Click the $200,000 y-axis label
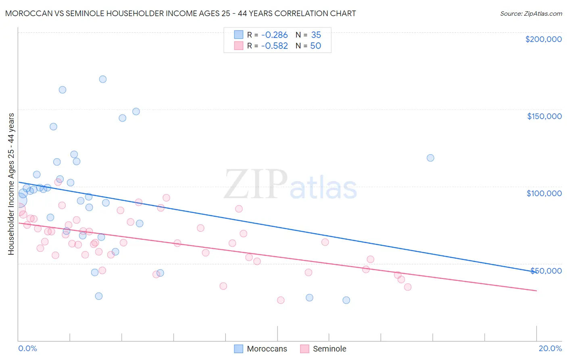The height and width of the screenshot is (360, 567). (x=543, y=39)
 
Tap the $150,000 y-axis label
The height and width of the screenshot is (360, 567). (x=544, y=116)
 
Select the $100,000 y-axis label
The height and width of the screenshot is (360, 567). (x=544, y=193)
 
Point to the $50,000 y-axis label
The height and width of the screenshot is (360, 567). (x=546, y=270)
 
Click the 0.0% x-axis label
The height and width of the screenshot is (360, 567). (x=27, y=348)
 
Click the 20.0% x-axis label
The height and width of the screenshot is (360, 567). (x=550, y=348)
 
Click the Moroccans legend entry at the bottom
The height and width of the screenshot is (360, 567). (x=261, y=349)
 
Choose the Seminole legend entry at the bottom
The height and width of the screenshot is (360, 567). (x=323, y=349)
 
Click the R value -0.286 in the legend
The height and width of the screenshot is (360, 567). (x=274, y=35)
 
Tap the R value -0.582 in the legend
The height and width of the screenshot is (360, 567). (x=274, y=46)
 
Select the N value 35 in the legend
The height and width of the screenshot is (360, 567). (x=316, y=35)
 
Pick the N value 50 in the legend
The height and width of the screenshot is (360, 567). (x=315, y=46)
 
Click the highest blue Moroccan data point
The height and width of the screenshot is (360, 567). (x=103, y=79)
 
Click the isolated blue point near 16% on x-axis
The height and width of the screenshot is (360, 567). (x=430, y=158)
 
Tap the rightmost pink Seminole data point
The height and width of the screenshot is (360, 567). (x=408, y=287)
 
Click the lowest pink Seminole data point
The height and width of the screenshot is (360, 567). (x=281, y=300)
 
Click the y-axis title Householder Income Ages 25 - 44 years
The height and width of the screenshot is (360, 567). (x=11, y=184)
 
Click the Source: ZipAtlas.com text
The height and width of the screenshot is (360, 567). (x=531, y=14)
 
